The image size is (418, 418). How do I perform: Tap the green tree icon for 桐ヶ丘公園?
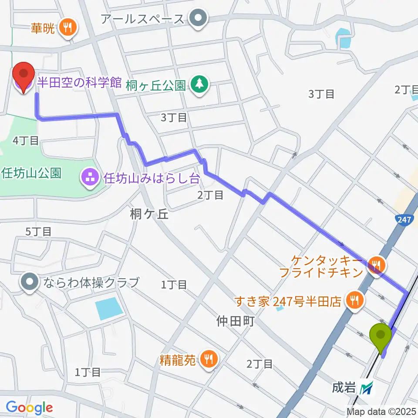pos(199,84)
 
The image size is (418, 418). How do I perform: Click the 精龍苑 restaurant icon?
pos(209,358)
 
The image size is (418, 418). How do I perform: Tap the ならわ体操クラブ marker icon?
pos(30,282)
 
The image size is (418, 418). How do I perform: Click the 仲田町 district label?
pos(234,322)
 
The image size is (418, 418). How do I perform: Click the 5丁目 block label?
pos(38,232)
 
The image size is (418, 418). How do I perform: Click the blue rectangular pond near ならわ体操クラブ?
pos(108,308)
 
